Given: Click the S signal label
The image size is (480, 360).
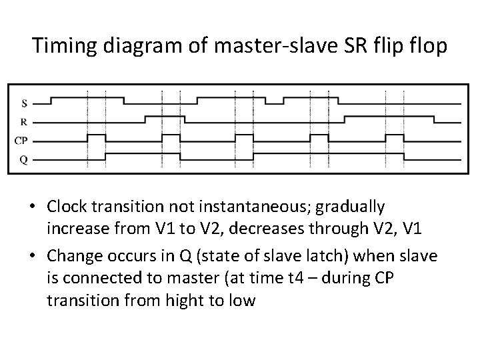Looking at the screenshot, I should pos(25,103).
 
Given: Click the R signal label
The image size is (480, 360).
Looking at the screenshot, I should pos(25,121).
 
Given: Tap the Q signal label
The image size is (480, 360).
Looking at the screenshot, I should pos(25,159).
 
